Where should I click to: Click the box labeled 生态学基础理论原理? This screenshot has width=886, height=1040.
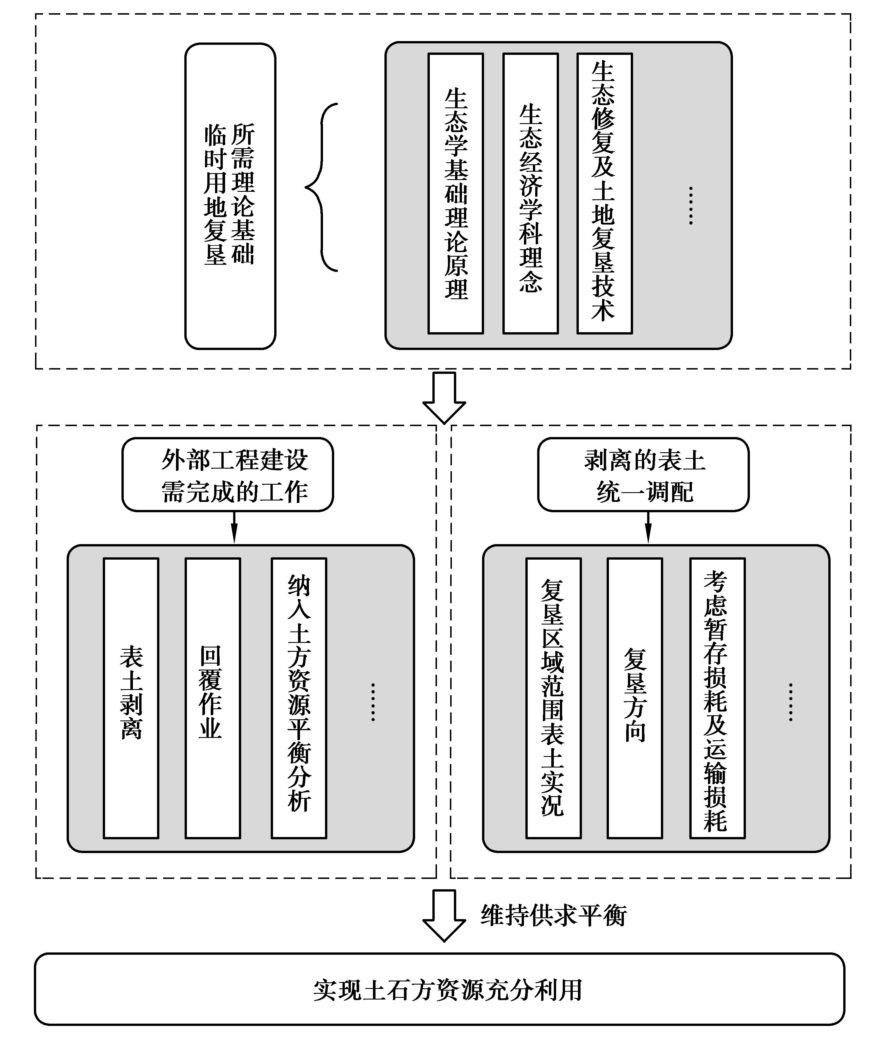click(x=455, y=193)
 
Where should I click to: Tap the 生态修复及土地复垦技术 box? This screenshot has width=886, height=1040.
click(x=604, y=193)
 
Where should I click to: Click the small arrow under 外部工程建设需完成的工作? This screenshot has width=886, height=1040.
click(x=234, y=528)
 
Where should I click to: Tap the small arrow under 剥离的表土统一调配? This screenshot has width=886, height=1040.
click(x=648, y=528)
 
